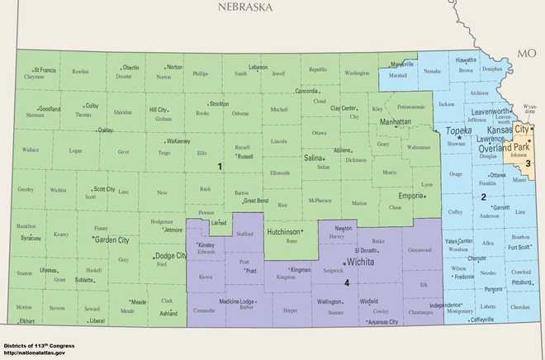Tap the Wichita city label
(360, 262)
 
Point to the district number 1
(220, 167)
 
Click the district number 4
(347, 283)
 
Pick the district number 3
(528, 163)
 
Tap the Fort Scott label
(519, 246)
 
